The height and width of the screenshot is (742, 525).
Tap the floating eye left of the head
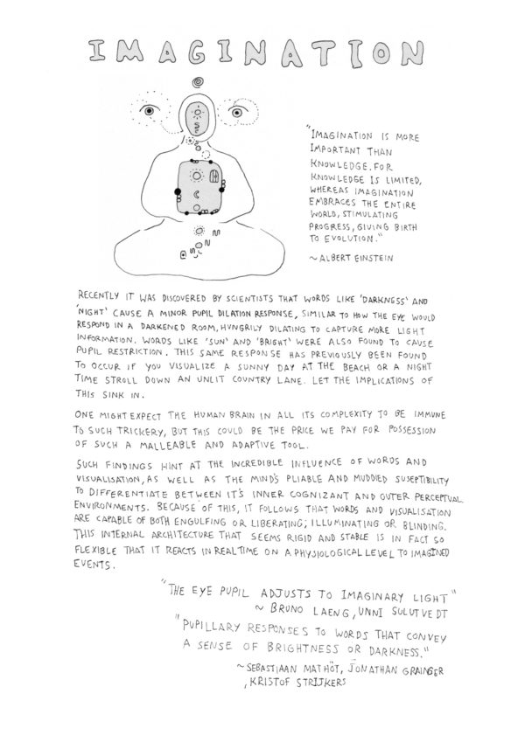click(x=149, y=112)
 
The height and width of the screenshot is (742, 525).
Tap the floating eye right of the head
click(x=236, y=113)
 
